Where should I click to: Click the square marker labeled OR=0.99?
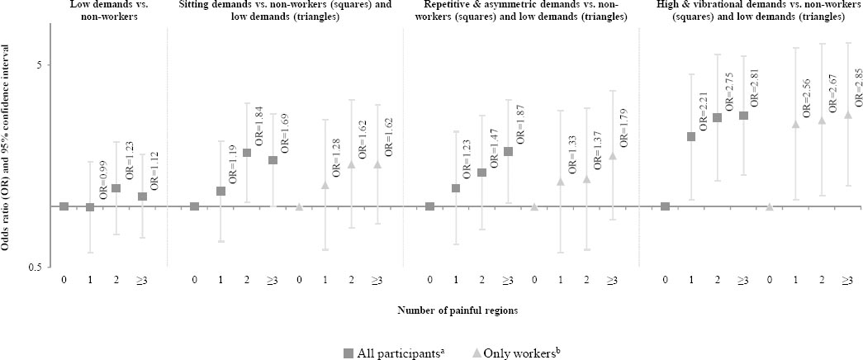click(x=90, y=206)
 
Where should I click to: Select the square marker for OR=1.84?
click(x=247, y=153)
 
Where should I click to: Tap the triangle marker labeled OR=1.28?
click(x=325, y=184)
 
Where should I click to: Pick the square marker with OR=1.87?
click(x=508, y=151)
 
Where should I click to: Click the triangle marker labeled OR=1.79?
click(x=613, y=155)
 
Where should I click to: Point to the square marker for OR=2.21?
click(x=691, y=136)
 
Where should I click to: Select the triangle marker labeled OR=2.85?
click(x=848, y=114)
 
